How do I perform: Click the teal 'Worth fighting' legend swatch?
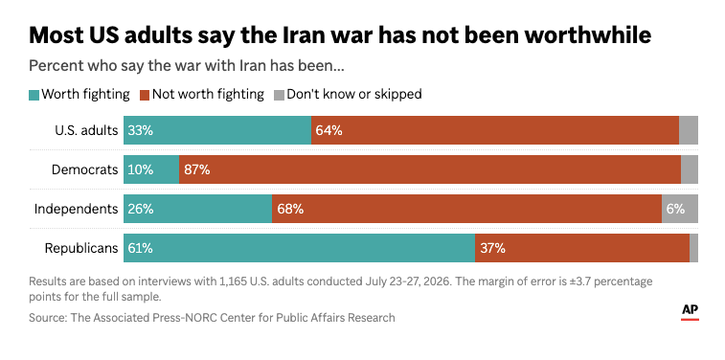(x=34, y=95)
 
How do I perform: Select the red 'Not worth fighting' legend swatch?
(x=146, y=95)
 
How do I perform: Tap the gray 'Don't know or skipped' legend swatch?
(x=280, y=95)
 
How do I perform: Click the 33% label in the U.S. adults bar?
(x=141, y=131)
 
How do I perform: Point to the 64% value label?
(x=329, y=131)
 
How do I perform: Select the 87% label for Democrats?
(x=196, y=170)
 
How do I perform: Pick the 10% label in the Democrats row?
(x=141, y=170)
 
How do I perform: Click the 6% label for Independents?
(x=675, y=209)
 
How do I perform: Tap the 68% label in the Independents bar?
(x=290, y=209)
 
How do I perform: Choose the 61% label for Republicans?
(x=141, y=248)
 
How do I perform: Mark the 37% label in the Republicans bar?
(x=492, y=248)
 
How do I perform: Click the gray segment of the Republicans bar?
(x=693, y=248)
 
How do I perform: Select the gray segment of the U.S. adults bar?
(x=689, y=130)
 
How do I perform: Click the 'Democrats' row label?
(x=84, y=170)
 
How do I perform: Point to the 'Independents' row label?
(x=77, y=210)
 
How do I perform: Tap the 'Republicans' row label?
(x=81, y=249)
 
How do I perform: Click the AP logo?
(x=690, y=312)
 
